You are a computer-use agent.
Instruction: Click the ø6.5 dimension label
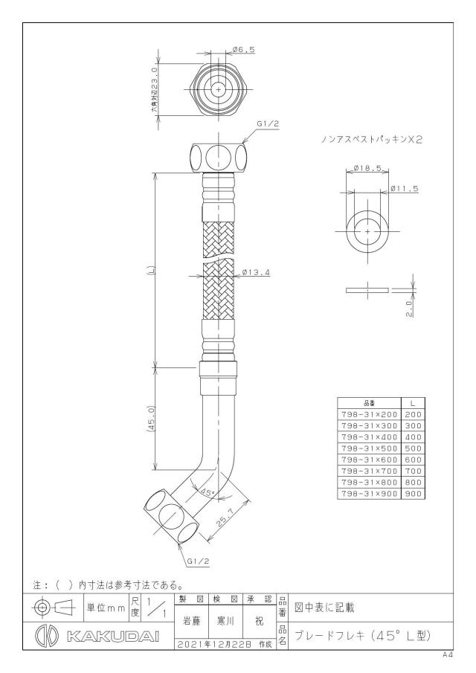[243, 50]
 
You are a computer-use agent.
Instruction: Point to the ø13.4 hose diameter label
[255, 271]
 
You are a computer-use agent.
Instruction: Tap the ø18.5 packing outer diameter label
[367, 169]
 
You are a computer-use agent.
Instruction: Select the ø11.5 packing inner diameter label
[405, 188]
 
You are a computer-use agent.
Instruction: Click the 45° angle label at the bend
[208, 493]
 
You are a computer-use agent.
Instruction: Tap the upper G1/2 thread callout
[268, 123]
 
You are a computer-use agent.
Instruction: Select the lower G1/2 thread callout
[199, 561]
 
